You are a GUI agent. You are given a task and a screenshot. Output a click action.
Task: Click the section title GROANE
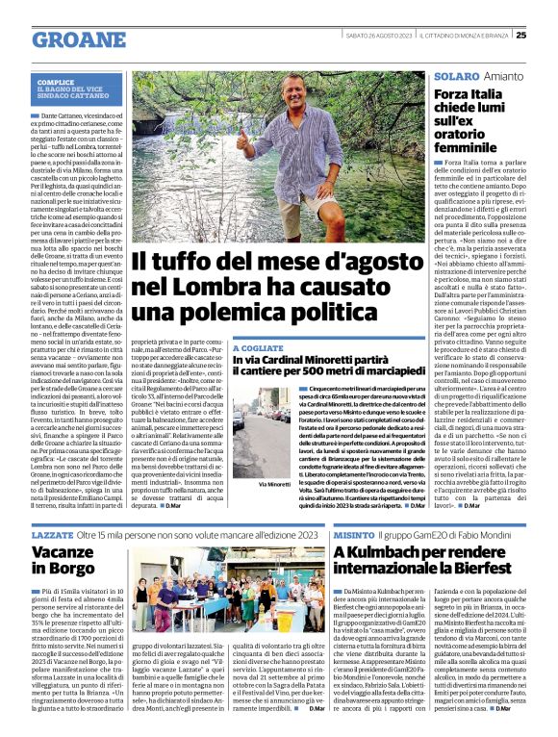coord(80,39)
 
